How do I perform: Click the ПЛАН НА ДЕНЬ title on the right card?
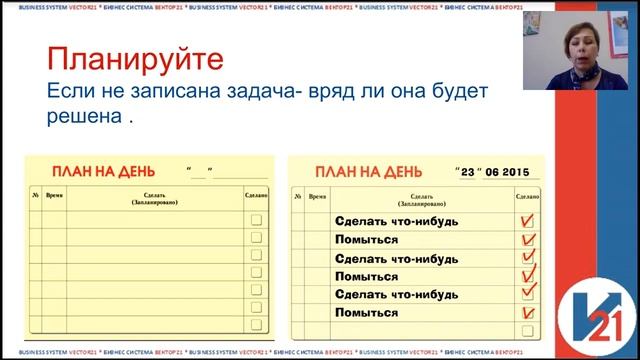click(367, 170)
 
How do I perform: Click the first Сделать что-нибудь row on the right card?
click(397, 221)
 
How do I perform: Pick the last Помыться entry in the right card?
click(366, 313)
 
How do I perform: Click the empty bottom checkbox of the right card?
click(528, 331)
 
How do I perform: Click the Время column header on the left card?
click(54, 194)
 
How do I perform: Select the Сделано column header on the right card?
click(527, 196)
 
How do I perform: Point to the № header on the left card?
click(35, 194)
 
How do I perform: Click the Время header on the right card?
click(317, 196)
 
